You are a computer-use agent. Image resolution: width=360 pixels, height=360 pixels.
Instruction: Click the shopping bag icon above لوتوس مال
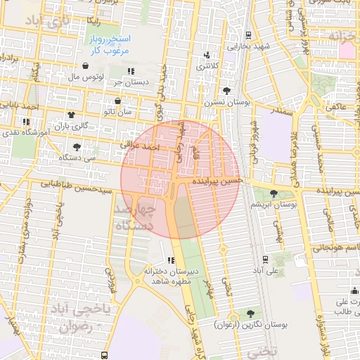point(85,65)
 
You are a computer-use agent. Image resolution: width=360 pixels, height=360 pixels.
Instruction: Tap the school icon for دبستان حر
point(131,71)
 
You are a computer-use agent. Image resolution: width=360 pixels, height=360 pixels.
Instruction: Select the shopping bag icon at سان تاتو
point(117,101)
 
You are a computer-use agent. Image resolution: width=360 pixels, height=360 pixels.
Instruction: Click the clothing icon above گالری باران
point(70,114)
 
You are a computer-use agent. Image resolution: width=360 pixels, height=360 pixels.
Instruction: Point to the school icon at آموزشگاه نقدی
point(27,122)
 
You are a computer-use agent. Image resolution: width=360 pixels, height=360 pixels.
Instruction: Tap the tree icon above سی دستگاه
point(76,147)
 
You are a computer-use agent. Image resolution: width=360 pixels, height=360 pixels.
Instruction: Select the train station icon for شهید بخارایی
point(248,34)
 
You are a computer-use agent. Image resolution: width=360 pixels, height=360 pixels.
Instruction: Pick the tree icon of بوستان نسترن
point(226,91)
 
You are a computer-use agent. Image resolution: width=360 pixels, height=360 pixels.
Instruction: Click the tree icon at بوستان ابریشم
point(274,193)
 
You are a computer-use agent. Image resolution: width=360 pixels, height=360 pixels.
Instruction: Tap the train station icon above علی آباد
point(264,258)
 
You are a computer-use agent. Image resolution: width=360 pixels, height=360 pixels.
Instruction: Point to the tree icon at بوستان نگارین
point(250,313)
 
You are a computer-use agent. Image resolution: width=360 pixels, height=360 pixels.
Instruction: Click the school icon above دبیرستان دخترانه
point(172,260)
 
